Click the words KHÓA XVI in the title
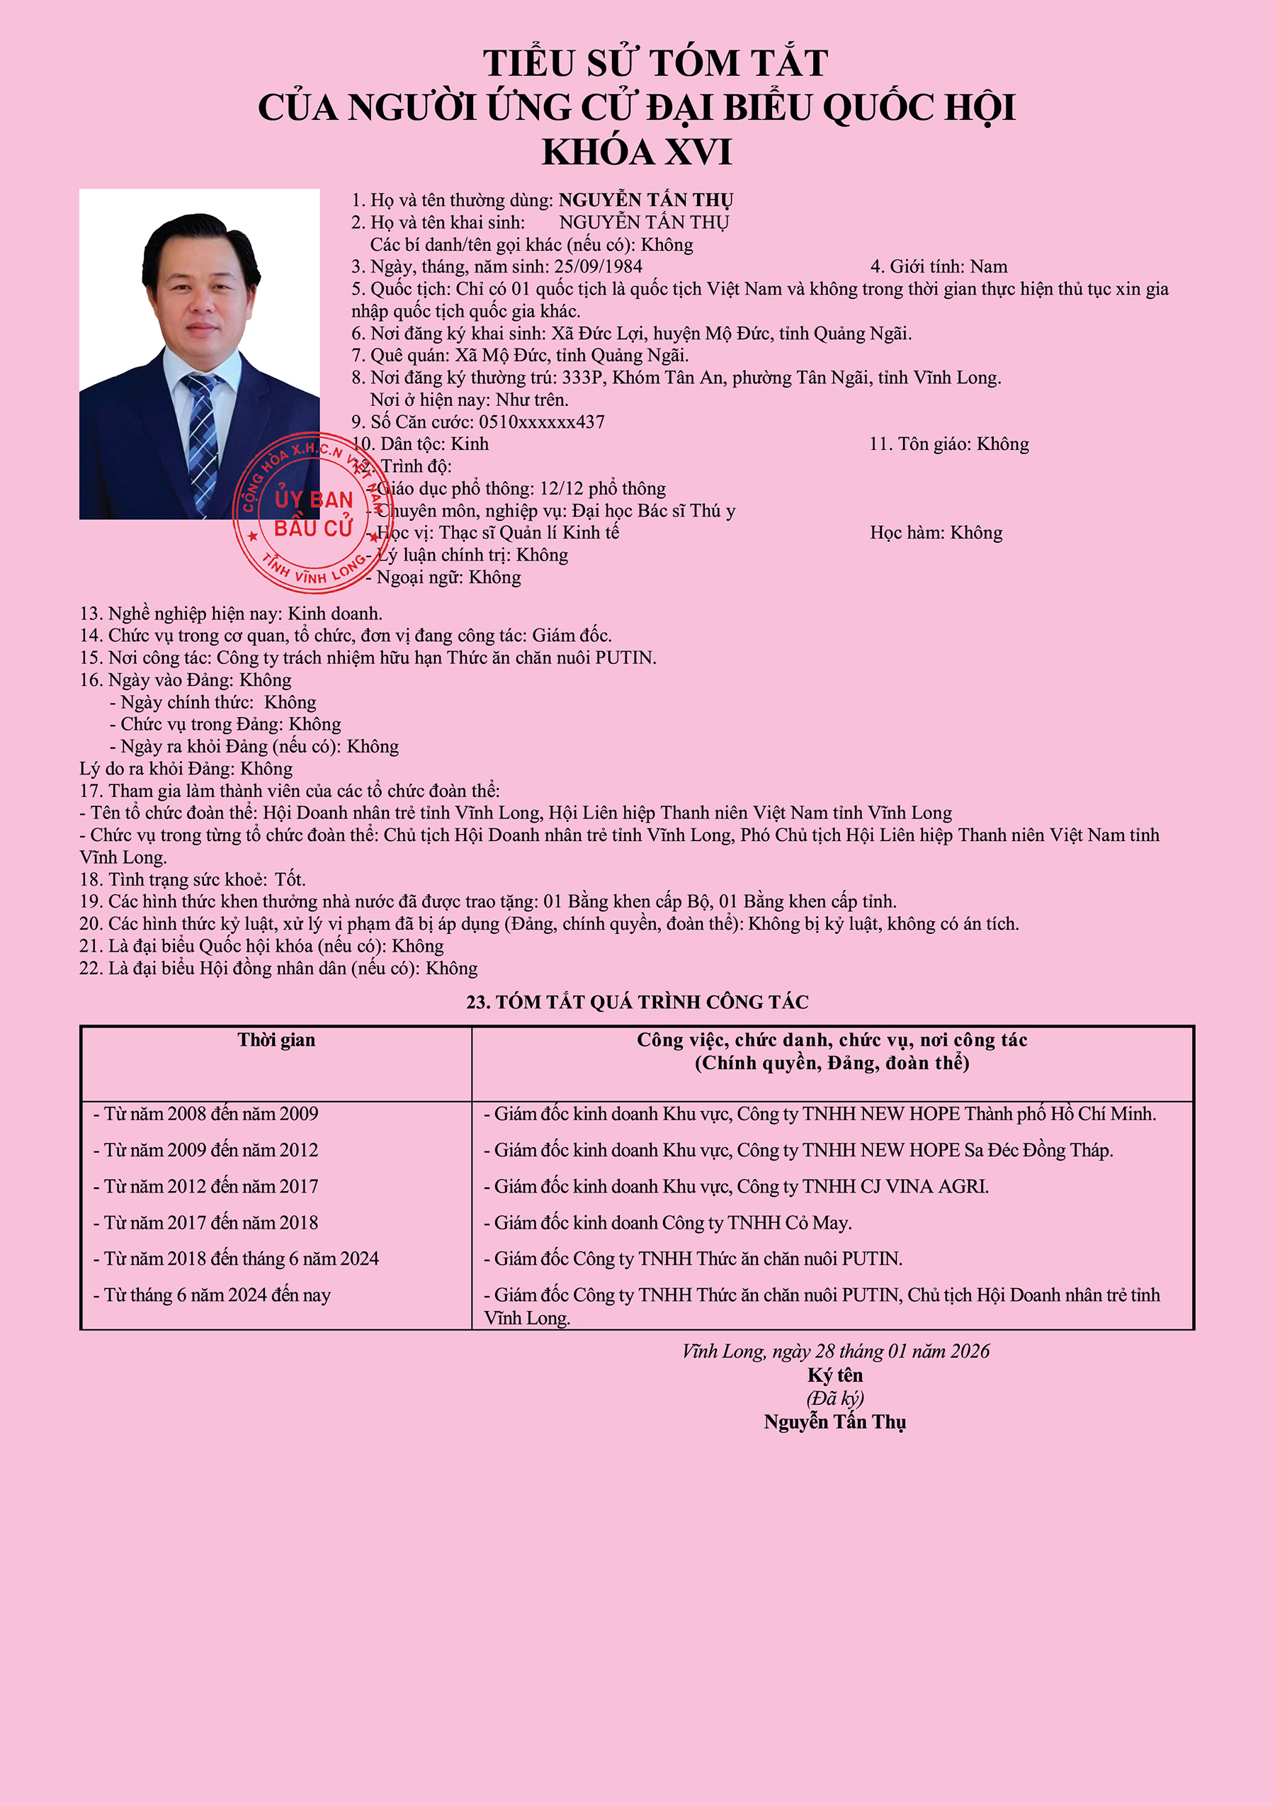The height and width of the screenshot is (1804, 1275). coord(636,152)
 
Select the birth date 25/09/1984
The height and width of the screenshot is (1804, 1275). coord(598,267)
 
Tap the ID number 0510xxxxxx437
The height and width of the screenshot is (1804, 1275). coord(542,422)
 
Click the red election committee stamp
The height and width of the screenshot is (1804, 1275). coord(312,513)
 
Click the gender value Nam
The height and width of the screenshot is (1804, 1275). coord(988,267)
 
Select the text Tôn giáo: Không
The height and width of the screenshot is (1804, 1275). coord(948,445)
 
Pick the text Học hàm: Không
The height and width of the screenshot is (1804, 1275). coord(936,534)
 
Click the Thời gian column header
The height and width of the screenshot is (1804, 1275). coord(276,1040)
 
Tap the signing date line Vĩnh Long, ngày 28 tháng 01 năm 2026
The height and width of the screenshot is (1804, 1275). coord(835,1351)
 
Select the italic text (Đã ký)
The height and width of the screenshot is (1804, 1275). coord(834,1399)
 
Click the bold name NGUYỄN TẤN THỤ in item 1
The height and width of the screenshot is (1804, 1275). coord(646,201)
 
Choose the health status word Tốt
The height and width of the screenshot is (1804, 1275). coord(290,880)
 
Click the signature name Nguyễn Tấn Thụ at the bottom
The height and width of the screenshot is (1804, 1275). coord(834,1422)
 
